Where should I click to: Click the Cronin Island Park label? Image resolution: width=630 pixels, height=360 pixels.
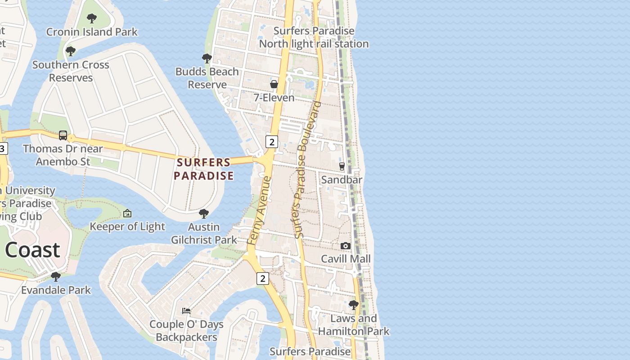point(92,32)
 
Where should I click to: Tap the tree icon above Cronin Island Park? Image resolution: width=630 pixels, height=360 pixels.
point(92,18)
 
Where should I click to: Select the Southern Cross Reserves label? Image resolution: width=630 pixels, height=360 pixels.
point(71,71)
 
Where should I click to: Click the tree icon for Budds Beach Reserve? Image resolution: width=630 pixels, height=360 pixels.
point(207,58)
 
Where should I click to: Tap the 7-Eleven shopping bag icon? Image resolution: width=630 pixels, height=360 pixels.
point(274,84)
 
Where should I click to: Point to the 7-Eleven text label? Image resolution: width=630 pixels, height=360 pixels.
point(274,98)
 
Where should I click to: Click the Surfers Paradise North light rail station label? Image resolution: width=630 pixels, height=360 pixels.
point(314,37)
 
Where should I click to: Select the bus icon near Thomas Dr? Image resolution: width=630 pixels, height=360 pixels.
point(63,135)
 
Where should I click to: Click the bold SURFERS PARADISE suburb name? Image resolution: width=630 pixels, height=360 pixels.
point(203,169)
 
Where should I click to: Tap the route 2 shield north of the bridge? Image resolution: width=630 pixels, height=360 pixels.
point(271,142)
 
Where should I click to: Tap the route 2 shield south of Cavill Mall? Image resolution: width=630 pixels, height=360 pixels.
point(262,278)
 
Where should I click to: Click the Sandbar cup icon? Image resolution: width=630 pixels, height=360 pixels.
point(342,166)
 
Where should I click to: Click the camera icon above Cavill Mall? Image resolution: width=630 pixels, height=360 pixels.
point(345,246)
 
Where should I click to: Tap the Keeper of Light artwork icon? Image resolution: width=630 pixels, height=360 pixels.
point(127,213)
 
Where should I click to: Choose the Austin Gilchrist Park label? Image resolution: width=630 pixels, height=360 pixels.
point(204,233)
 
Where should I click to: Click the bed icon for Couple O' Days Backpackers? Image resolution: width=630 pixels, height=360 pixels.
point(186,310)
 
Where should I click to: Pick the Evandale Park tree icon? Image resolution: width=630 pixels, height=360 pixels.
point(56,276)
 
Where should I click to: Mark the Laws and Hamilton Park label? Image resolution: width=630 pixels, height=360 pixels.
point(353,325)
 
